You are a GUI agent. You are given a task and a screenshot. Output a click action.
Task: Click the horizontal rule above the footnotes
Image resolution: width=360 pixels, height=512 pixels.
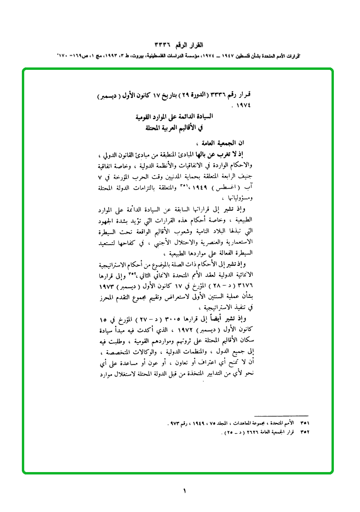click(x=281, y=416)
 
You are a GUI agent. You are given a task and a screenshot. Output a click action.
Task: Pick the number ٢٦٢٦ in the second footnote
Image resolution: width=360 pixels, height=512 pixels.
click(x=240, y=433)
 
